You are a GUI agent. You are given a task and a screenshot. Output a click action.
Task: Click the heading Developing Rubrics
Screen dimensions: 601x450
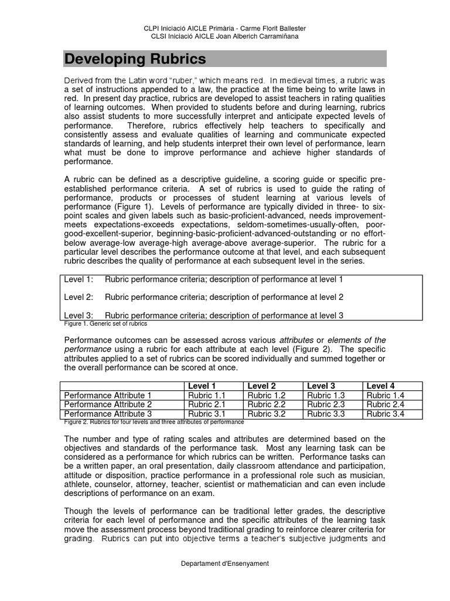pyautogui.click(x=135, y=59)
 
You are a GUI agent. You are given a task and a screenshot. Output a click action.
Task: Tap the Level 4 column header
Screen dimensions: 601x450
pyautogui.click(x=380, y=386)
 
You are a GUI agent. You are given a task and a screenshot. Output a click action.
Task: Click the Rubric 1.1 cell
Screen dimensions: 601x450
pyautogui.click(x=206, y=396)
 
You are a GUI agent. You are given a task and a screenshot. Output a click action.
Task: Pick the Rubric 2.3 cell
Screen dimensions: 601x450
pyautogui.click(x=326, y=404)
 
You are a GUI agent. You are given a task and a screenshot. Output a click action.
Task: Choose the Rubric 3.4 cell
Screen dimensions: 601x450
pyautogui.click(x=385, y=414)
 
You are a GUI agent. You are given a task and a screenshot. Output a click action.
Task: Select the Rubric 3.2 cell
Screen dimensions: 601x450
pyautogui.click(x=266, y=414)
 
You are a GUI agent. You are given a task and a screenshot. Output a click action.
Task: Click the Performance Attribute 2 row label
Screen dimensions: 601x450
pyautogui.click(x=108, y=404)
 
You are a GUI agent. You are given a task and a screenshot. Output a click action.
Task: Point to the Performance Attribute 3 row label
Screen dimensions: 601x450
pyautogui.click(x=108, y=414)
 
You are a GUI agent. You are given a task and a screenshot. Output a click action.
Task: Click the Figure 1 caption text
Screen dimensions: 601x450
pyautogui.click(x=105, y=323)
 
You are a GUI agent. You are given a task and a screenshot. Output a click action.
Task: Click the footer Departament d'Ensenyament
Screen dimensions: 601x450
pyautogui.click(x=225, y=563)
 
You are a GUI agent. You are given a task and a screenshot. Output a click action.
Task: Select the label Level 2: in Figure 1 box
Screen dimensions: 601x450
pyautogui.click(x=79, y=297)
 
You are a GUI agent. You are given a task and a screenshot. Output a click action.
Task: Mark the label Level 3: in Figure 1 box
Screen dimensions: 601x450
pyautogui.click(x=79, y=315)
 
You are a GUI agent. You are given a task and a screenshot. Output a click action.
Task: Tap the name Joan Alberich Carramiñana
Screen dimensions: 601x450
pyautogui.click(x=259, y=36)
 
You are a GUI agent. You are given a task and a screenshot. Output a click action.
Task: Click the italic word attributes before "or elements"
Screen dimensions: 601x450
pyautogui.click(x=296, y=340)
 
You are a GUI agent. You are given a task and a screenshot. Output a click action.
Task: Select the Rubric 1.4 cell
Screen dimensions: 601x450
pyautogui.click(x=385, y=396)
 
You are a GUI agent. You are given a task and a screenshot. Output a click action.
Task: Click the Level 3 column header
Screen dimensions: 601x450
pyautogui.click(x=321, y=386)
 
